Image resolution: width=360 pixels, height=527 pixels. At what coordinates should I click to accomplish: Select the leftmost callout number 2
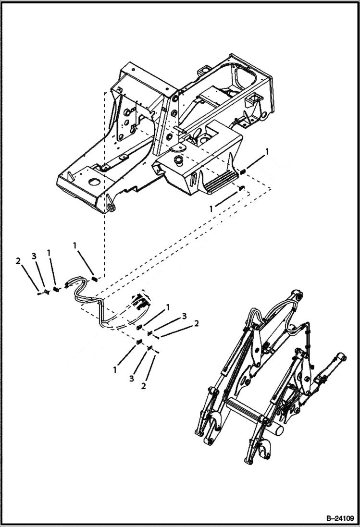18,261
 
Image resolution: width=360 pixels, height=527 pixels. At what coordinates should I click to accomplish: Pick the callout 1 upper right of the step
267,151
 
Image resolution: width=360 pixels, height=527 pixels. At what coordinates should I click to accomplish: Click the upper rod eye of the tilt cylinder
341,357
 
